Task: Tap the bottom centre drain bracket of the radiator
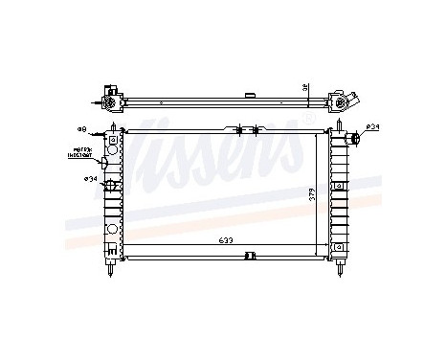click(250, 255)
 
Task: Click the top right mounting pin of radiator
click(340, 126)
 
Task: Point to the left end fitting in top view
click(109, 101)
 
